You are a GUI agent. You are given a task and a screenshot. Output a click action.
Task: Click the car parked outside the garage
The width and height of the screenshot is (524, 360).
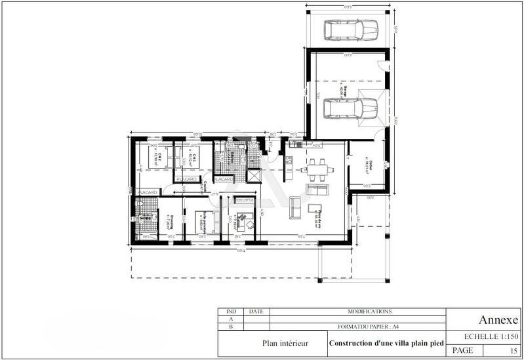pos(350,29)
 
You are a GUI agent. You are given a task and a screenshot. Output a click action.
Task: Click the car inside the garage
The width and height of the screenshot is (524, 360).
pos(350,106)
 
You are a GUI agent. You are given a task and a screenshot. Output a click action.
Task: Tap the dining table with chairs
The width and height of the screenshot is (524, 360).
pos(319,169)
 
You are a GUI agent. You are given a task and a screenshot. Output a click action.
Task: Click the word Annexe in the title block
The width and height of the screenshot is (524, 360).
pos(498,320)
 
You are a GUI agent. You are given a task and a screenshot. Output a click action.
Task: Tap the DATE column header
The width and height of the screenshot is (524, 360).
pos(256,311)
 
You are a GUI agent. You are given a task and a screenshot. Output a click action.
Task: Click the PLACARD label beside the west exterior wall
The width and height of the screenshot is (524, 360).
pos(148,191)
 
